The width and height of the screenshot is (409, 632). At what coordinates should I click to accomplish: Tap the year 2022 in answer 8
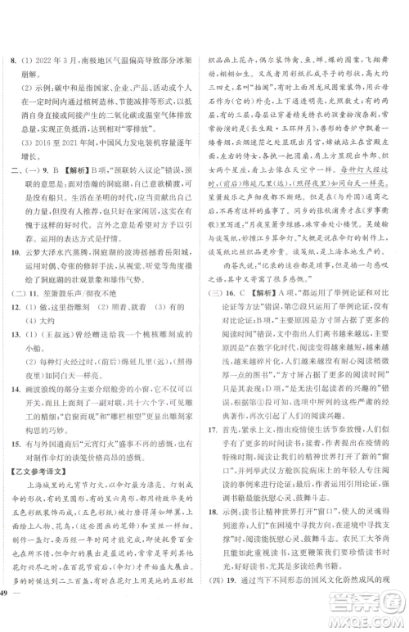49,60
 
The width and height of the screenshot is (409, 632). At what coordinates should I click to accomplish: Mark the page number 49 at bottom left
9,616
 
